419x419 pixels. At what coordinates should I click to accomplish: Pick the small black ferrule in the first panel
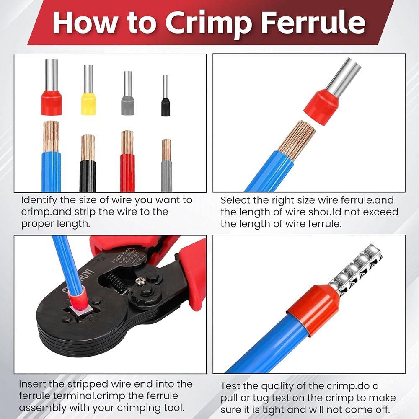[166, 107]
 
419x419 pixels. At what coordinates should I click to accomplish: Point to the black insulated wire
[88, 176]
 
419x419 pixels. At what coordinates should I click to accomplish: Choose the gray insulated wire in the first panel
[166, 176]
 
